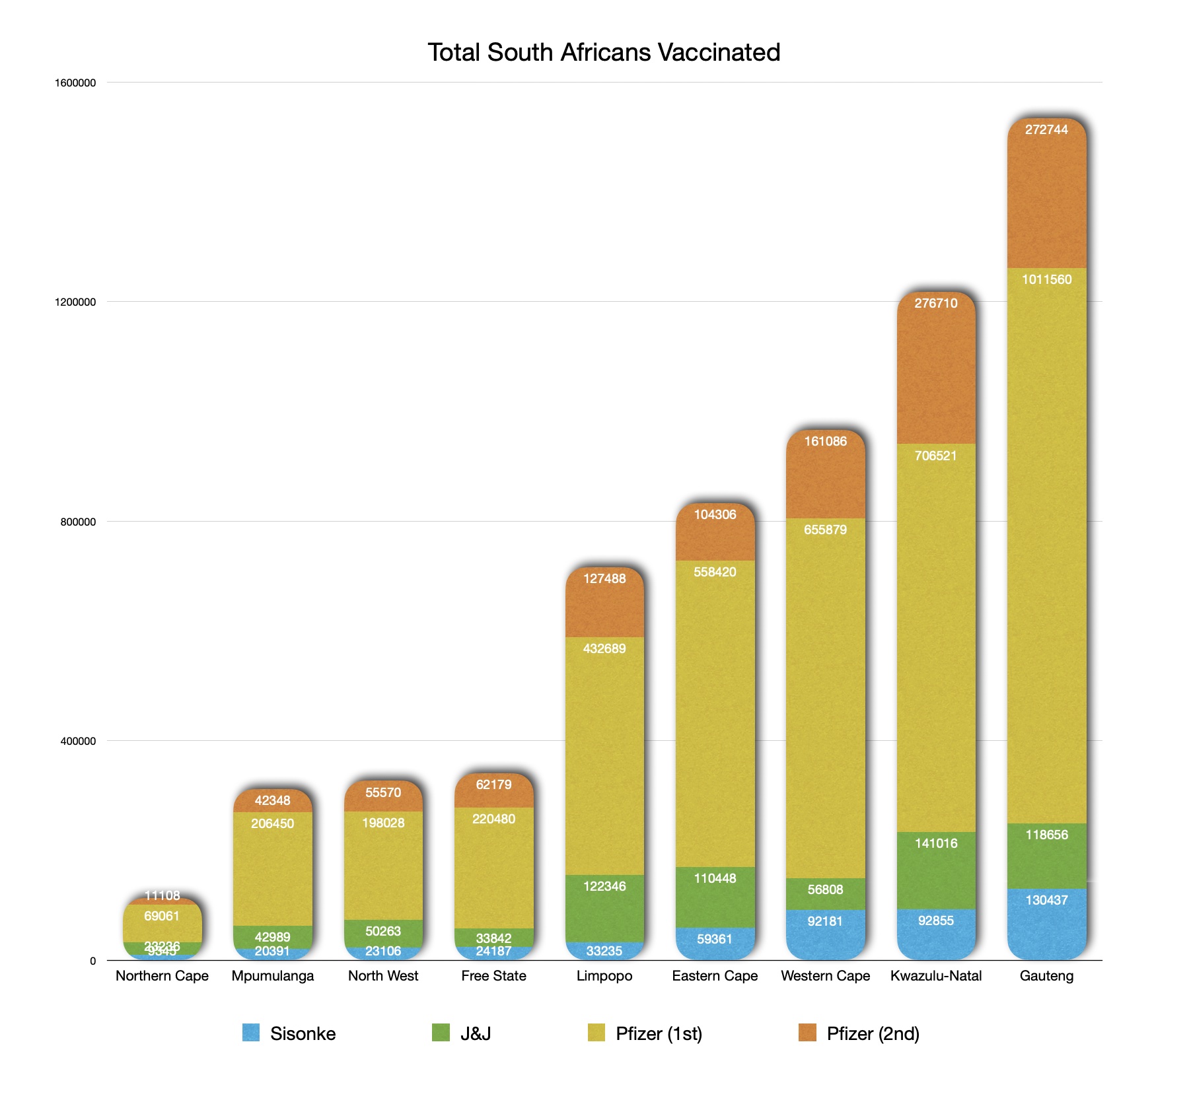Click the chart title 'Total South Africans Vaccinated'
tap(604, 52)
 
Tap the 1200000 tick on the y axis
tap(75, 302)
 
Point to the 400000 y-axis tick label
tap(78, 741)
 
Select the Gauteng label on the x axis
tap(1046, 975)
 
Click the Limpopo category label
tap(604, 975)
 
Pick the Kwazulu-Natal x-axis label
tap(935, 975)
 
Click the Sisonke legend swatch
tap(251, 1033)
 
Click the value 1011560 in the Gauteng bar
tap(1046, 279)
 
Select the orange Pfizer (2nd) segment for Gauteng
tap(1046, 198)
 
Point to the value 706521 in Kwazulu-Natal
tap(935, 456)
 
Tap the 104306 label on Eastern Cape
tap(715, 514)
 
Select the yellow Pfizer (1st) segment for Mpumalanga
tap(272, 872)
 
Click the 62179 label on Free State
tap(493, 784)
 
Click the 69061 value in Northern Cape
tap(162, 916)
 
